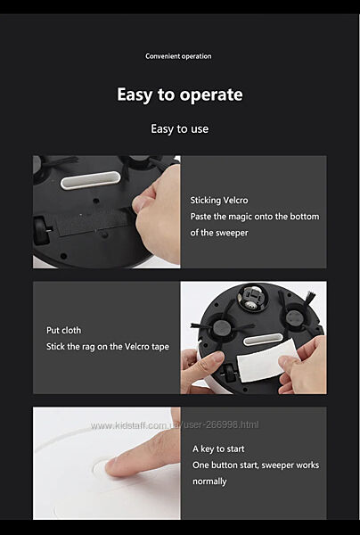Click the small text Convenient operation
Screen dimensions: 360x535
pos(178,56)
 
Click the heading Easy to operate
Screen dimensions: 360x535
pos(180,95)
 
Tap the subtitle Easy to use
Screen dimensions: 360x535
pos(180,129)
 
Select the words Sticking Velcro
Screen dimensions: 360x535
pos(219,201)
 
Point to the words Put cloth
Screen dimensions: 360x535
pos(64,331)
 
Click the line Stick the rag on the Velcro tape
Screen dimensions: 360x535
pos(108,347)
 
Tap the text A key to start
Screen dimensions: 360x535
pos(218,449)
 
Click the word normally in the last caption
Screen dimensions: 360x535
pos(209,481)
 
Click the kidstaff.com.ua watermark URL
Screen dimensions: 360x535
pos(175,425)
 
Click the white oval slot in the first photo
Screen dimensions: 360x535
pos(91,180)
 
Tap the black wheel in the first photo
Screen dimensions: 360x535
pos(42,230)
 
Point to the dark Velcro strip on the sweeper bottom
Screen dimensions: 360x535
pos(92,222)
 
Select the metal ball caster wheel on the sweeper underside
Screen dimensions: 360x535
pos(252,298)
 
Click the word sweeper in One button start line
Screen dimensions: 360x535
pos(274,465)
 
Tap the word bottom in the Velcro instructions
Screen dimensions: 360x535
pos(307,217)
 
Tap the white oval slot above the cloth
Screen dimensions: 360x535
pos(263,340)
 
